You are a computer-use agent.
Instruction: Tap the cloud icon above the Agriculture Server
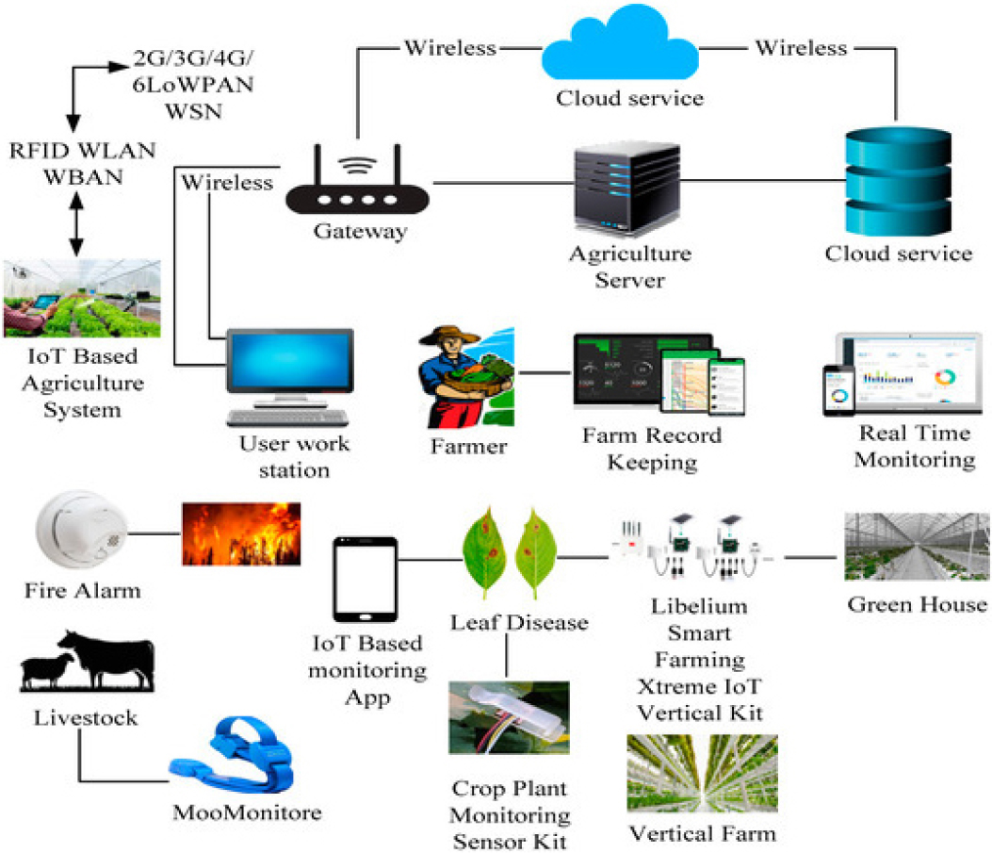coord(628,49)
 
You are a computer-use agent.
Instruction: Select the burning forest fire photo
coord(241,533)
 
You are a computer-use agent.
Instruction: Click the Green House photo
coord(916,546)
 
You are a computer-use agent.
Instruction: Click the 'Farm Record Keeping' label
coord(651,448)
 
